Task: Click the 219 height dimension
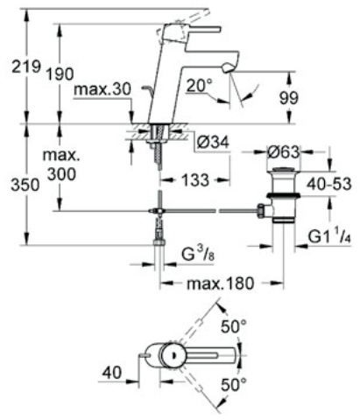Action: pos(16,66)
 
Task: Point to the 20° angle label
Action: pos(198,86)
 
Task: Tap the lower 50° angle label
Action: pos(234,384)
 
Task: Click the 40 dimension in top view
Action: pos(110,370)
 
